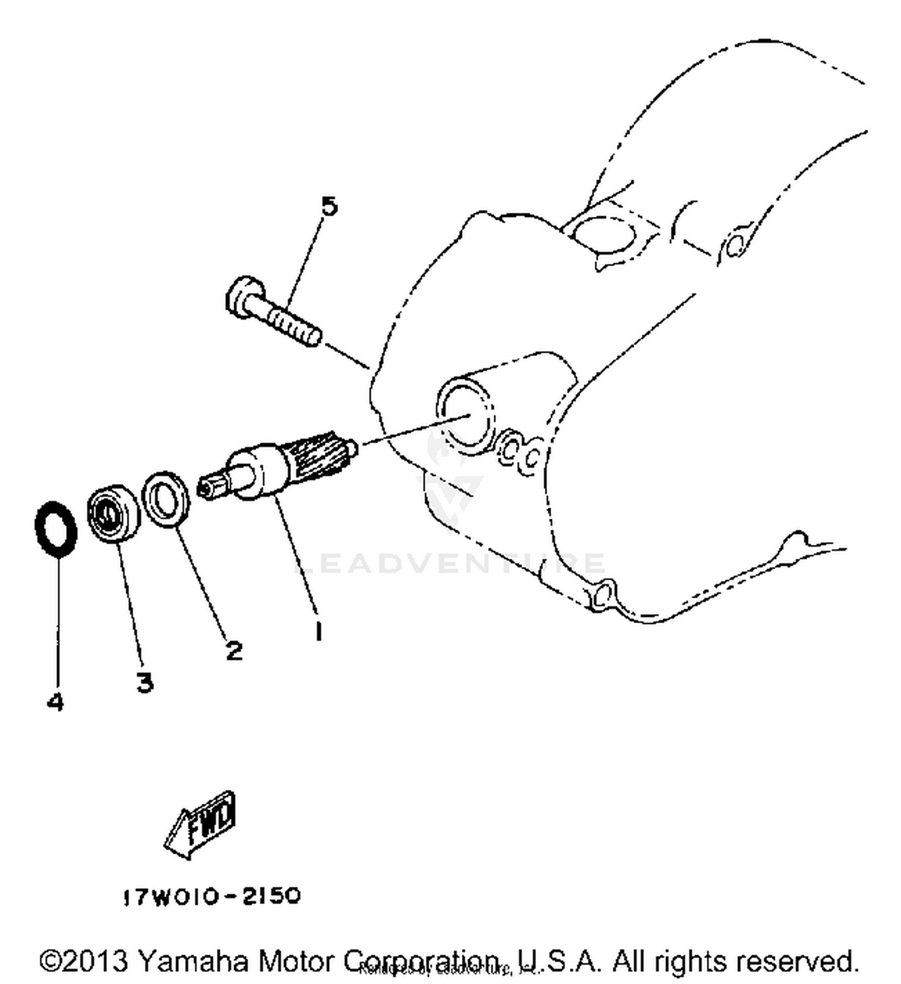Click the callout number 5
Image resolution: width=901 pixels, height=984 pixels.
(x=329, y=207)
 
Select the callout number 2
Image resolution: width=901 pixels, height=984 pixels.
(x=234, y=649)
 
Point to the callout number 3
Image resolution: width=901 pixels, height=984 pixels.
(x=144, y=682)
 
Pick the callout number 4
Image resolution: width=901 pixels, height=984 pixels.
(x=55, y=701)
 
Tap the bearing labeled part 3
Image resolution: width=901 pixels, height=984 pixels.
(x=112, y=512)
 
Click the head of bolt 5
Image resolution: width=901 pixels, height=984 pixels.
(x=243, y=297)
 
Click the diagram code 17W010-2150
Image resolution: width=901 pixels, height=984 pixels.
(x=211, y=897)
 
